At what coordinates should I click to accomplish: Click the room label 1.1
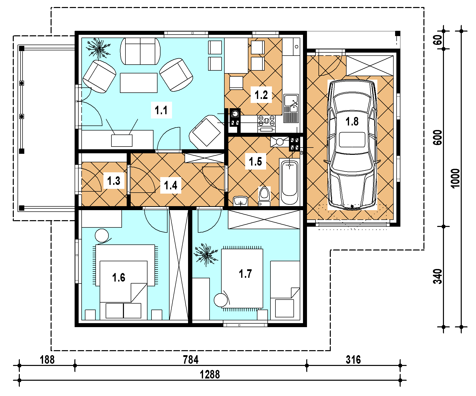(161, 110)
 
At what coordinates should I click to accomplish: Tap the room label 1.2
(261, 95)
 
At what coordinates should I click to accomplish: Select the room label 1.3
(114, 181)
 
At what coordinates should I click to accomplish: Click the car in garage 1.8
(352, 145)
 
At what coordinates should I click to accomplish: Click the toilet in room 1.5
(264, 196)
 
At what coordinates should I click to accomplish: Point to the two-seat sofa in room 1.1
(140, 51)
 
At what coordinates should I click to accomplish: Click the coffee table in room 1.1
(139, 83)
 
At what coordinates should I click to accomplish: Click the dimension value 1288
(210, 375)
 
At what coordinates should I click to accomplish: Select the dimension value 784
(191, 360)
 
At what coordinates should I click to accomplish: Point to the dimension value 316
(353, 360)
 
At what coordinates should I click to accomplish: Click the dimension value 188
(47, 360)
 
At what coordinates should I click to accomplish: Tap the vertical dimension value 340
(438, 277)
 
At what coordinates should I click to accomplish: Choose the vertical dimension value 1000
(455, 178)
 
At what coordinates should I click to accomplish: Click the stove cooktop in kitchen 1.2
(266, 120)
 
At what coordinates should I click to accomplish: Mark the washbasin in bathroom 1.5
(240, 201)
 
